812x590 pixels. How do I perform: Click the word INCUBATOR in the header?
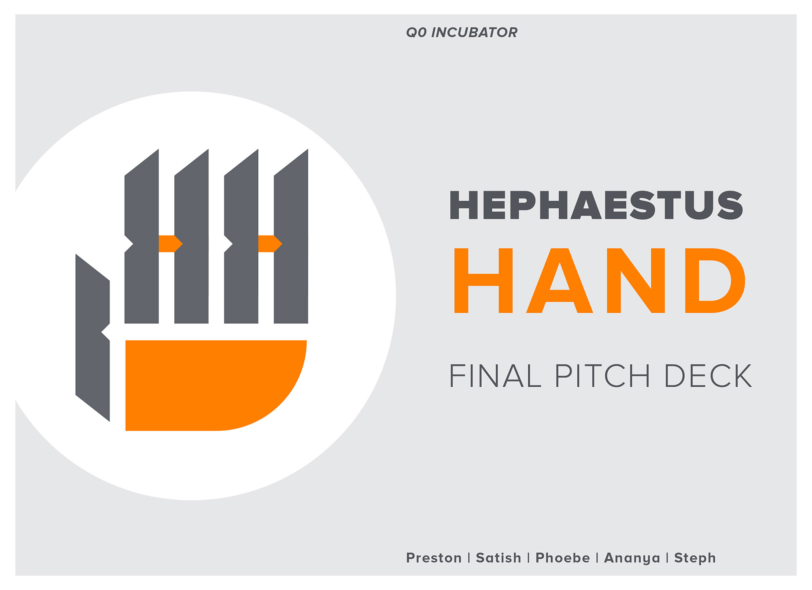click(474, 33)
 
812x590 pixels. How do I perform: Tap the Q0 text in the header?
click(416, 33)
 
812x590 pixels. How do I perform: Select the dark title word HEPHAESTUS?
click(596, 205)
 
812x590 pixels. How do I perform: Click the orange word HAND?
click(599, 281)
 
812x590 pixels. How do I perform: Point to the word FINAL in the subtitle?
click(495, 376)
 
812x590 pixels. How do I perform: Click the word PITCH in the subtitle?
click(602, 376)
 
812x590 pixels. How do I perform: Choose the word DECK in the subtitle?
click(708, 376)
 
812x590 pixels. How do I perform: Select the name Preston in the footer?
click(433, 558)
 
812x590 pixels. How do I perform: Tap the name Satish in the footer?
click(498, 558)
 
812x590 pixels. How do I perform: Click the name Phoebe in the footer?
click(562, 558)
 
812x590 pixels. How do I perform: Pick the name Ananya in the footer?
click(632, 558)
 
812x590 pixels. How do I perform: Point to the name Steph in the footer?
click(695, 558)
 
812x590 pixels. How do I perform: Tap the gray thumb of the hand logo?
click(93, 338)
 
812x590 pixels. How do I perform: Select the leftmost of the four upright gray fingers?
click(142, 241)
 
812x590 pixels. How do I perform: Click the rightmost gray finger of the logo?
click(291, 241)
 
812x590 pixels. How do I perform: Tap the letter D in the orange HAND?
click(715, 281)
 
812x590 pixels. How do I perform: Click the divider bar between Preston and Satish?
click(469, 558)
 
